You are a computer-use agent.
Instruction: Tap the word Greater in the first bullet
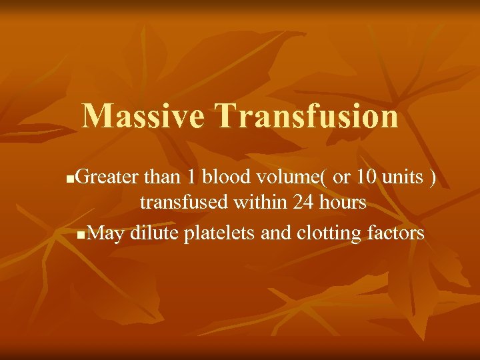pyautogui.click(x=107, y=178)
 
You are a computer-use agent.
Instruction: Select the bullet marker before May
pyautogui.click(x=81, y=235)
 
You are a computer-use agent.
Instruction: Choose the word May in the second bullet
pyautogui.click(x=107, y=233)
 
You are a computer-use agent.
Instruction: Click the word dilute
pyautogui.click(x=153, y=233)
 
